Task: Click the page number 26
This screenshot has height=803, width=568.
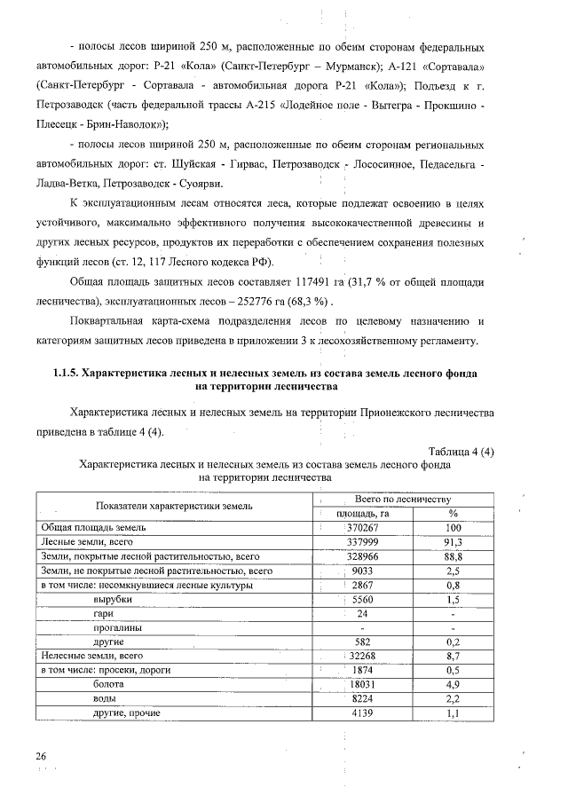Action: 41,755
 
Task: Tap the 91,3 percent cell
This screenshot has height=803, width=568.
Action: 453,542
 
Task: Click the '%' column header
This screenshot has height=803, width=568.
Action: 453,514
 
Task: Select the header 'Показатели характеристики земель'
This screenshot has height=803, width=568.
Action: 175,506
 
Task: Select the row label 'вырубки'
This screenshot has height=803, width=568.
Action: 113,599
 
